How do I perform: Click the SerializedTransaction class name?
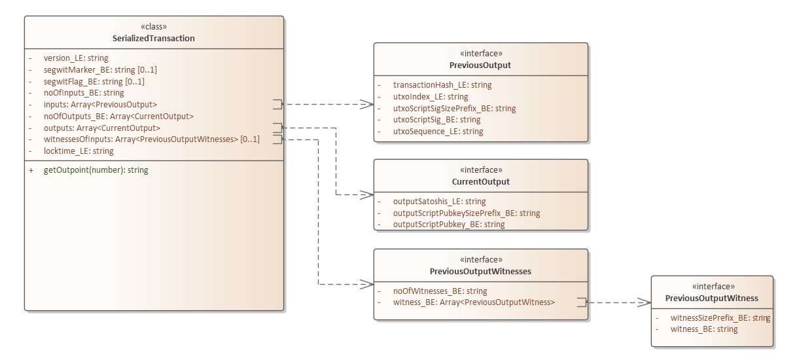(154, 39)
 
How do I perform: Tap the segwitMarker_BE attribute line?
(100, 69)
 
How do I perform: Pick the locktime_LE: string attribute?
(78, 151)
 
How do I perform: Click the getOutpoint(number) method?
(96, 170)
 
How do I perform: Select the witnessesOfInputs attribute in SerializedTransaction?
(151, 139)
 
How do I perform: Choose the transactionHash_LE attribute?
(442, 84)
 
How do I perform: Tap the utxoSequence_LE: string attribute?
(438, 132)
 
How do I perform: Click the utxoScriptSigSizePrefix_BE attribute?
(454, 108)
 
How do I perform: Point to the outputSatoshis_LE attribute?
(439, 201)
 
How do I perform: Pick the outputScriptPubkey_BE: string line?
(448, 225)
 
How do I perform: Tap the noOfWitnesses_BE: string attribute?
(440, 291)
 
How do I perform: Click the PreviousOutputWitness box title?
(711, 298)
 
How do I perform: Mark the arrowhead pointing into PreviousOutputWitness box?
(645, 302)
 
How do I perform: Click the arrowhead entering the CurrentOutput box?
(368, 195)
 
